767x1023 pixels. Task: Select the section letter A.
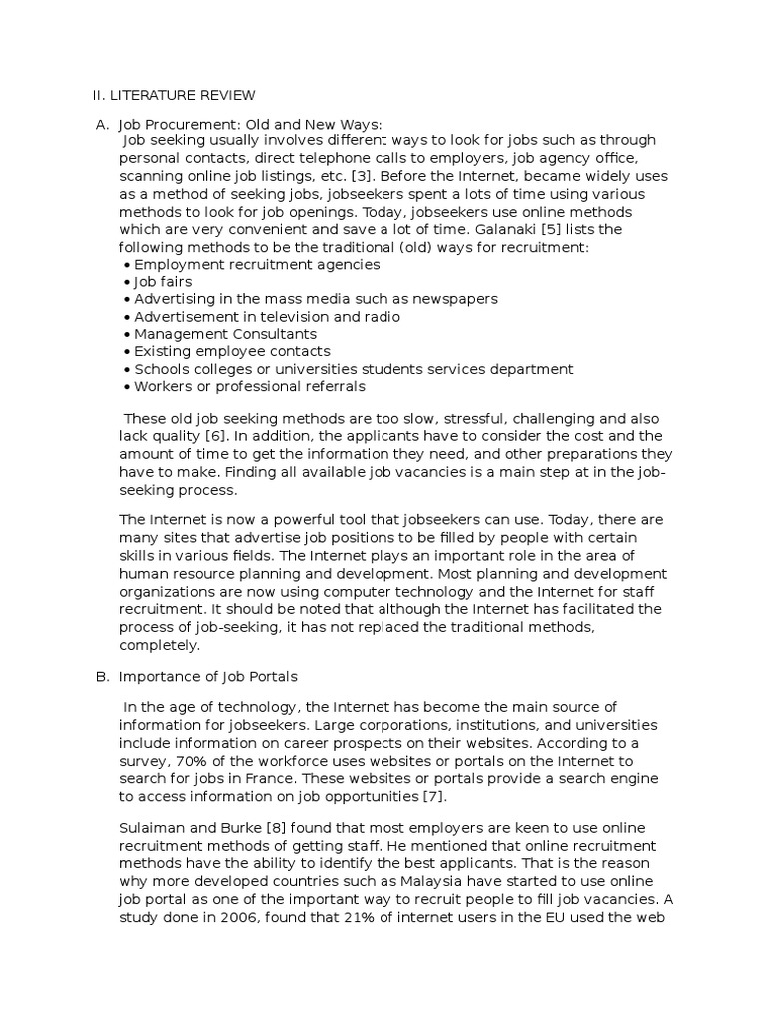click(101, 124)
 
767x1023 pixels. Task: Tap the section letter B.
click(101, 677)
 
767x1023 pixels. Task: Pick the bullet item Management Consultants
click(225, 334)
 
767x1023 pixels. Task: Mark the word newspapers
click(453, 299)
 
